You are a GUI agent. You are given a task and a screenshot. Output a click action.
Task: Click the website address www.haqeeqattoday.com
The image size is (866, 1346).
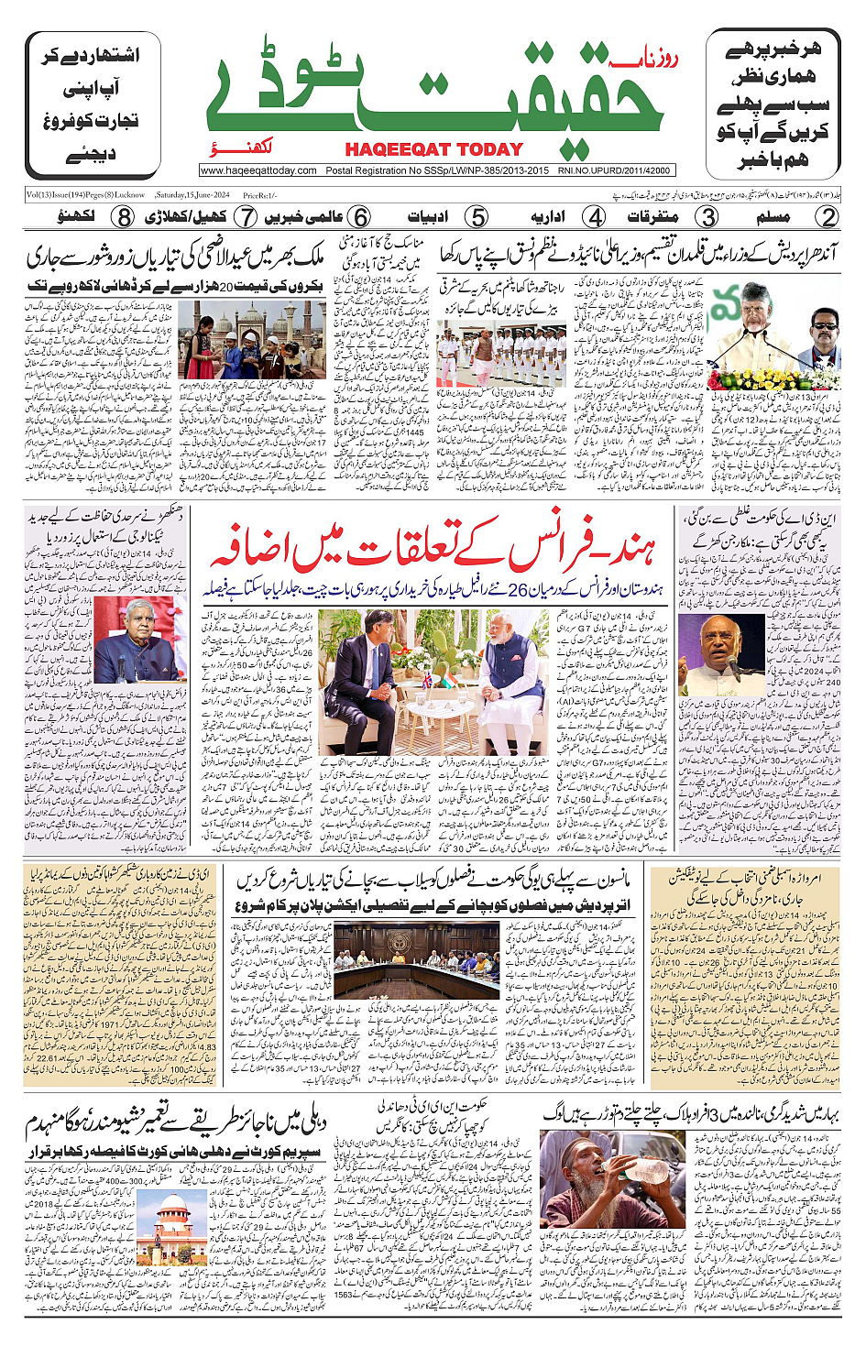(x=258, y=170)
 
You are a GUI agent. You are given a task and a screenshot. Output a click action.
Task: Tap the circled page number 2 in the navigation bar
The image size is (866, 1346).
(x=828, y=217)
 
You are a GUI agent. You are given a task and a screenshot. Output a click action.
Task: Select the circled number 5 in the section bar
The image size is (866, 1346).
(x=477, y=217)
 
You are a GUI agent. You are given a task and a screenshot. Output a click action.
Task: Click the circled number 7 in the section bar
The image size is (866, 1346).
(x=245, y=217)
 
